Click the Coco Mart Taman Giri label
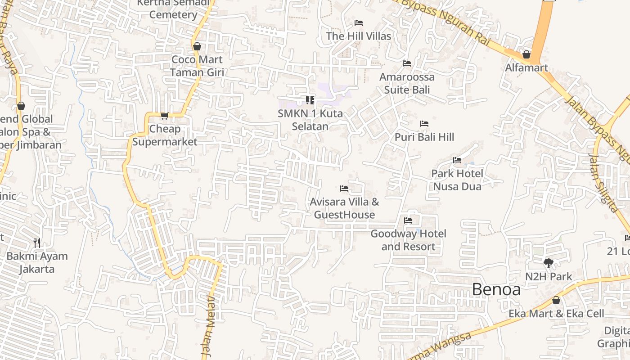[197, 66]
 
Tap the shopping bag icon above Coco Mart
[197, 46]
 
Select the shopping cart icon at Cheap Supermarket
[165, 116]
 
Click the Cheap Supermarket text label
[165, 135]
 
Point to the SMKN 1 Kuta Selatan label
[310, 120]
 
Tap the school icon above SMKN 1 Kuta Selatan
[310, 100]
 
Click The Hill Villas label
[359, 36]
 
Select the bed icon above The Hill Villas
[359, 23]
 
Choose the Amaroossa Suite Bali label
[407, 83]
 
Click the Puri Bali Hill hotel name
[424, 137]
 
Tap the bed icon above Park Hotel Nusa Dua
[457, 160]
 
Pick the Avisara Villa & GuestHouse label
[344, 208]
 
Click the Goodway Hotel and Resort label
[408, 240]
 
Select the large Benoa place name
[496, 289]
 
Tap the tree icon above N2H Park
[548, 263]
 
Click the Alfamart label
[526, 68]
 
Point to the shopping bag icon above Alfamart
[526, 54]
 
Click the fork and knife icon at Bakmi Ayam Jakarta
[37, 243]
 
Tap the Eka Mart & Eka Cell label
[556, 314]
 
